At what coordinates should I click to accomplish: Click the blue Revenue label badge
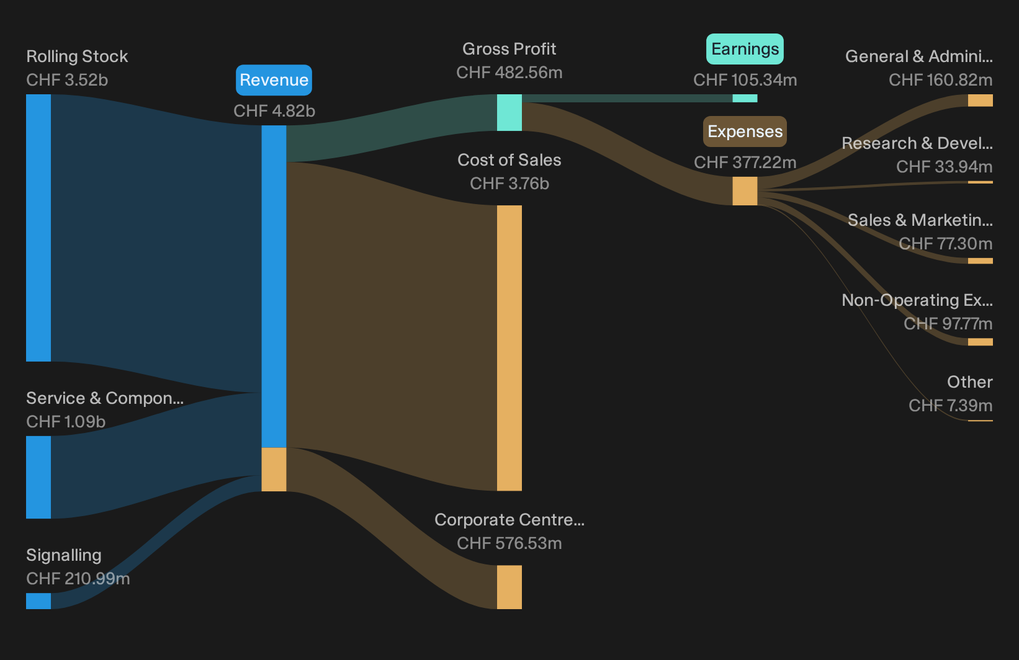pos(274,80)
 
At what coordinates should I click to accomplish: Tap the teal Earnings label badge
pos(745,49)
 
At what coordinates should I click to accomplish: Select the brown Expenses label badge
pos(745,132)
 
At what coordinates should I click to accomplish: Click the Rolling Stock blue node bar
pos(38,228)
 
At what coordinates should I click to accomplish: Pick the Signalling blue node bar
pos(38,601)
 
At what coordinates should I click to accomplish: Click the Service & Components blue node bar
pos(38,477)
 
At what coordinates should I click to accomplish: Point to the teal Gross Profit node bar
pos(509,112)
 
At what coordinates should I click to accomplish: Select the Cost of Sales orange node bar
pos(509,348)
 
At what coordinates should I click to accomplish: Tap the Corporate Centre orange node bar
pos(509,587)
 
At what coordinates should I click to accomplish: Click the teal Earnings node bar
pos(745,98)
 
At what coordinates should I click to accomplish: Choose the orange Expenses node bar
pos(745,191)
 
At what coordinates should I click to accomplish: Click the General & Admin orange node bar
pos(981,100)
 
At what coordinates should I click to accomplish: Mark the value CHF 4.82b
pos(274,111)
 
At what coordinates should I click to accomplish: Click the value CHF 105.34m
pos(745,80)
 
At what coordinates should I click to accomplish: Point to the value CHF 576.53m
pos(509,543)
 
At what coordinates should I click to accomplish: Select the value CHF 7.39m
pos(951,405)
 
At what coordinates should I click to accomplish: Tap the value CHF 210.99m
pos(78,579)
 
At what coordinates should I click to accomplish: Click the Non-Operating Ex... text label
pos(917,300)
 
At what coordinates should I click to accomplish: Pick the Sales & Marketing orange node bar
pos(981,261)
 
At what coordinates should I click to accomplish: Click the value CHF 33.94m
pos(945,167)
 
